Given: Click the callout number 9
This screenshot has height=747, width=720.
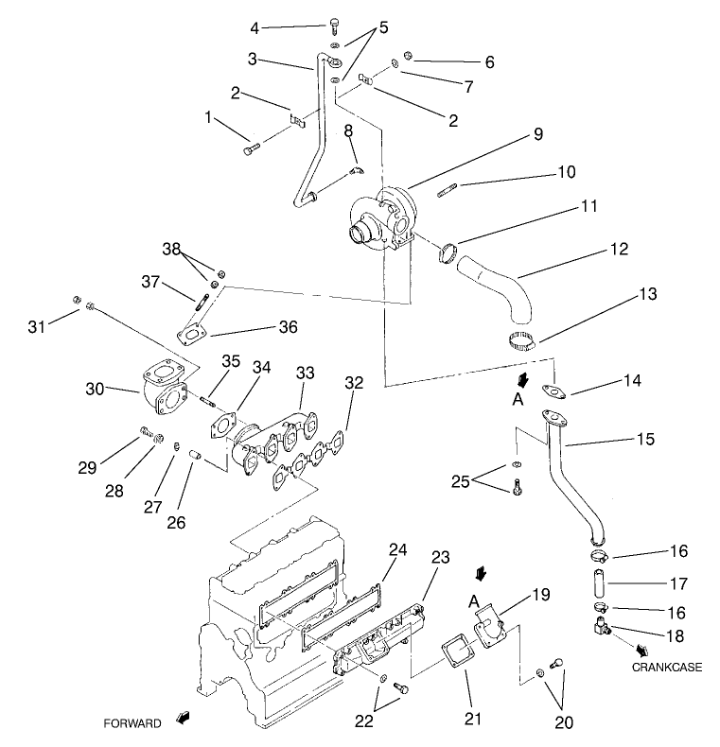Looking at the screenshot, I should click(537, 134).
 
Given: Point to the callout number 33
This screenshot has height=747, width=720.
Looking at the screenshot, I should click(304, 373).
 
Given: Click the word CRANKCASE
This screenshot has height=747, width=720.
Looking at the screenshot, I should click(666, 667).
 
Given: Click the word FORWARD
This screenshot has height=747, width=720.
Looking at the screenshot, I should click(132, 723).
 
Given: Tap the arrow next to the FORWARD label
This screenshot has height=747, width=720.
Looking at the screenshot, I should click(181, 721).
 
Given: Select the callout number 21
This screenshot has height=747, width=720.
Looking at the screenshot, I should click(472, 718).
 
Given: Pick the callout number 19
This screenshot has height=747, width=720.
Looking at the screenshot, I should click(539, 595).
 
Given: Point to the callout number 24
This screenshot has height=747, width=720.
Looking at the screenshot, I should click(397, 548).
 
